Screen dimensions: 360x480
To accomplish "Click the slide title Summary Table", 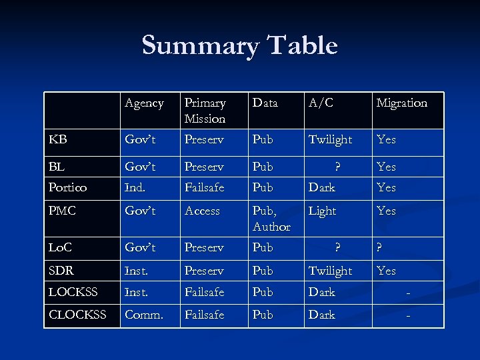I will point(239,45).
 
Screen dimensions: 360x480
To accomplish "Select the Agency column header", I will point(144,103).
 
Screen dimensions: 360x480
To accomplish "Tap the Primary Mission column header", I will point(205,111).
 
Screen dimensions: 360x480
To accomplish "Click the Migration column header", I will point(401,103).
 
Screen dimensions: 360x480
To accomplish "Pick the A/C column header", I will point(321,103).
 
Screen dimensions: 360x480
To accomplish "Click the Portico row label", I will point(67,187).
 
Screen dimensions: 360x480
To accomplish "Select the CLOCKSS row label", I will point(77,314).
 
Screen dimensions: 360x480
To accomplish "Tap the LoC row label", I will point(61,247).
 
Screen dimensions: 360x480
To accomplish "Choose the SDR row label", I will point(61,271).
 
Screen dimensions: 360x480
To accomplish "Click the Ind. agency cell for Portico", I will point(135,187).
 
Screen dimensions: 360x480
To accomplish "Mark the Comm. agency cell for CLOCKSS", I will point(143,314).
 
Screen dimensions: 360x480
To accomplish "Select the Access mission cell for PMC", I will point(202,211).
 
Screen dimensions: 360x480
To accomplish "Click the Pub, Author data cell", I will point(271,219).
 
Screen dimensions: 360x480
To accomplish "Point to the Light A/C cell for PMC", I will point(322,211).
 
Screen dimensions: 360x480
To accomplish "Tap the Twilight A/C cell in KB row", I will point(330,139).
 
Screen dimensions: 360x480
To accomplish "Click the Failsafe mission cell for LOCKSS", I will point(204,292).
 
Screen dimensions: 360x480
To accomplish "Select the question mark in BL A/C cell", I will point(337,166).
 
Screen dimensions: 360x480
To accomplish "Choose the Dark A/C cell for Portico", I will point(321,187).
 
